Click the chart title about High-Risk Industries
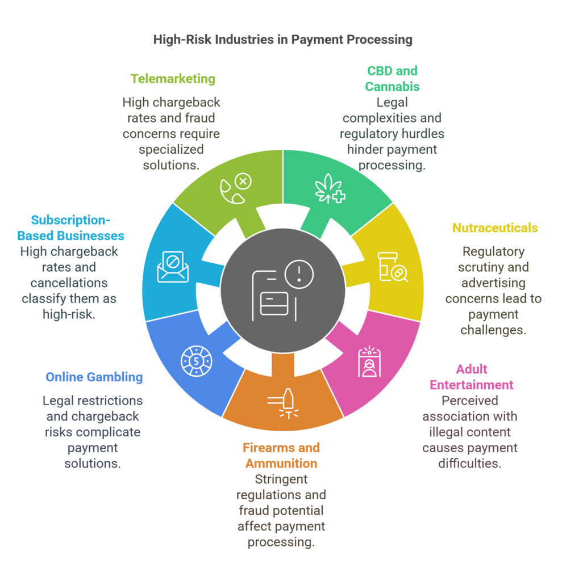(x=283, y=40)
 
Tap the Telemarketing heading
(x=173, y=79)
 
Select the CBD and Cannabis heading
(x=392, y=78)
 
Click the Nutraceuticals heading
(x=495, y=228)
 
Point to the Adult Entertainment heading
(x=472, y=377)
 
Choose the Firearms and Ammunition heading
(x=281, y=456)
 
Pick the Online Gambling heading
(x=94, y=377)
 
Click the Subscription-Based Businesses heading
(x=70, y=228)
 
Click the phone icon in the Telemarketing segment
(x=232, y=191)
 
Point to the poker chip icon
(x=197, y=361)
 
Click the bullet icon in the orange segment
(x=284, y=403)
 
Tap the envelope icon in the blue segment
(x=173, y=267)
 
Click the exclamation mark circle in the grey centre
(x=299, y=274)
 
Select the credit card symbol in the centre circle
(x=274, y=304)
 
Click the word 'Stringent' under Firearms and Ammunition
(x=281, y=479)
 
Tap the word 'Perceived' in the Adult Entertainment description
(x=470, y=401)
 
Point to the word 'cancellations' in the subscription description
(x=69, y=283)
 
